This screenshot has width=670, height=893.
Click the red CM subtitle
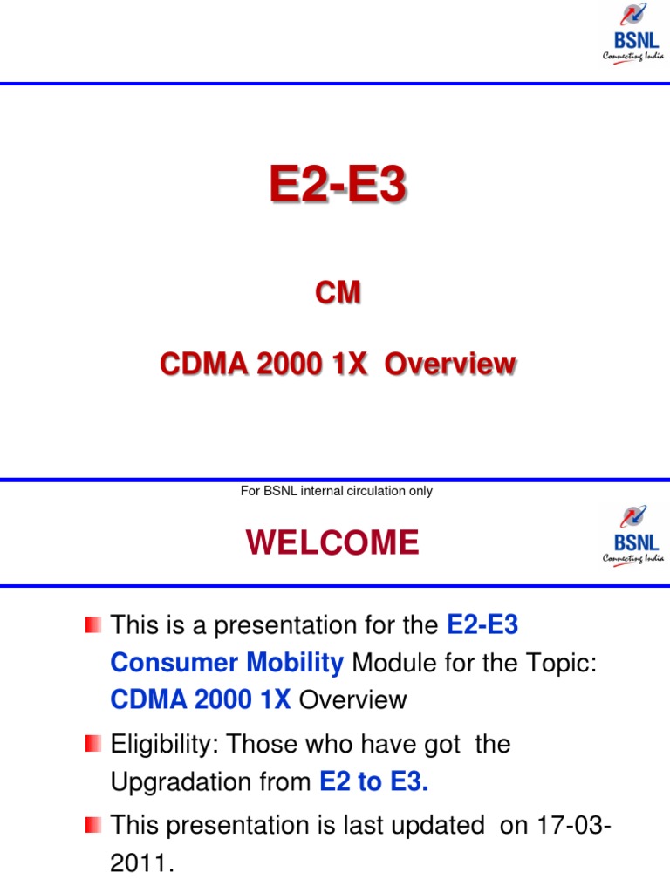pos(337,294)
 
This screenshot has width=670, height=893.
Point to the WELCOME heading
pos(332,543)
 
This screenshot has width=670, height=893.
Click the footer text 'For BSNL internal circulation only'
pos(336,491)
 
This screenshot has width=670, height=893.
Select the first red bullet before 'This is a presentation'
pos(93,624)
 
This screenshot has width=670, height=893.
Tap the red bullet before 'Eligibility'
pos(93,744)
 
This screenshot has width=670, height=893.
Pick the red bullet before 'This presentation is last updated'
pos(93,824)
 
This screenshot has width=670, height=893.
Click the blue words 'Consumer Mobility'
pos(227,663)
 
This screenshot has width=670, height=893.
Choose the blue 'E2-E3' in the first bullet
pos(482,624)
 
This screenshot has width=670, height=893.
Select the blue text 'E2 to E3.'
pos(374,782)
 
